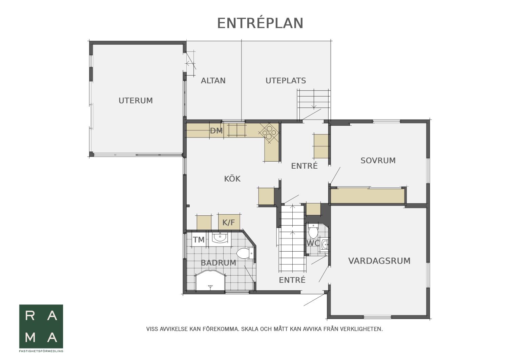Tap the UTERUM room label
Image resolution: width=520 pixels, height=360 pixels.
136,101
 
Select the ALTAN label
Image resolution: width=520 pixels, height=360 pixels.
213,81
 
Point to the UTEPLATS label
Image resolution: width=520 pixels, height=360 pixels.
286,81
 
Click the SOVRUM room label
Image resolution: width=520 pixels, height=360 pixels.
378,161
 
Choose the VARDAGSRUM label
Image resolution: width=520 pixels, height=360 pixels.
379,261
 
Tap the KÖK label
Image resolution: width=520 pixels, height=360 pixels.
232,178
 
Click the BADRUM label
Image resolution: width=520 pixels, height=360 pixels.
218,263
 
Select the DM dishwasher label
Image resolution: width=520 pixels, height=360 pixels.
216,131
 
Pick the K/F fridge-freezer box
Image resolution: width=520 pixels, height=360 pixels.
229,223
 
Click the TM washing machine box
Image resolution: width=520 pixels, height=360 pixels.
199,239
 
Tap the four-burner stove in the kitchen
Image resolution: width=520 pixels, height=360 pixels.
269,132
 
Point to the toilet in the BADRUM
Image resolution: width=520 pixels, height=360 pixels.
245,253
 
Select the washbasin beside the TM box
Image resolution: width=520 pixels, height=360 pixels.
220,238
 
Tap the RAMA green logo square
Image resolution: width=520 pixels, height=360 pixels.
41,326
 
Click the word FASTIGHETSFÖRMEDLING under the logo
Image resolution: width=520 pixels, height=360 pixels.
41,351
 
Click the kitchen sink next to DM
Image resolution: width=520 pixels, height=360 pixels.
237,130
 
